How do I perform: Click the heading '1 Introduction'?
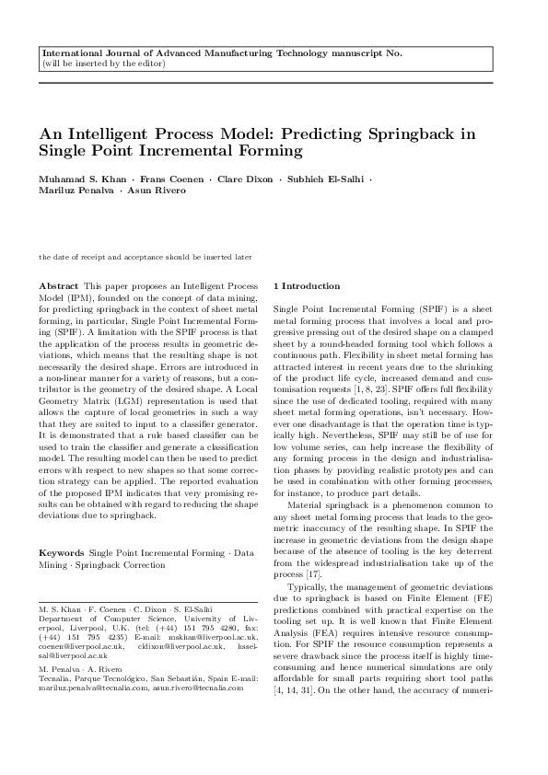pos(308,286)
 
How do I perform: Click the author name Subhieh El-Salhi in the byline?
pos(325,178)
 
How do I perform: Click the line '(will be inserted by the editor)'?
pos(104,64)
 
